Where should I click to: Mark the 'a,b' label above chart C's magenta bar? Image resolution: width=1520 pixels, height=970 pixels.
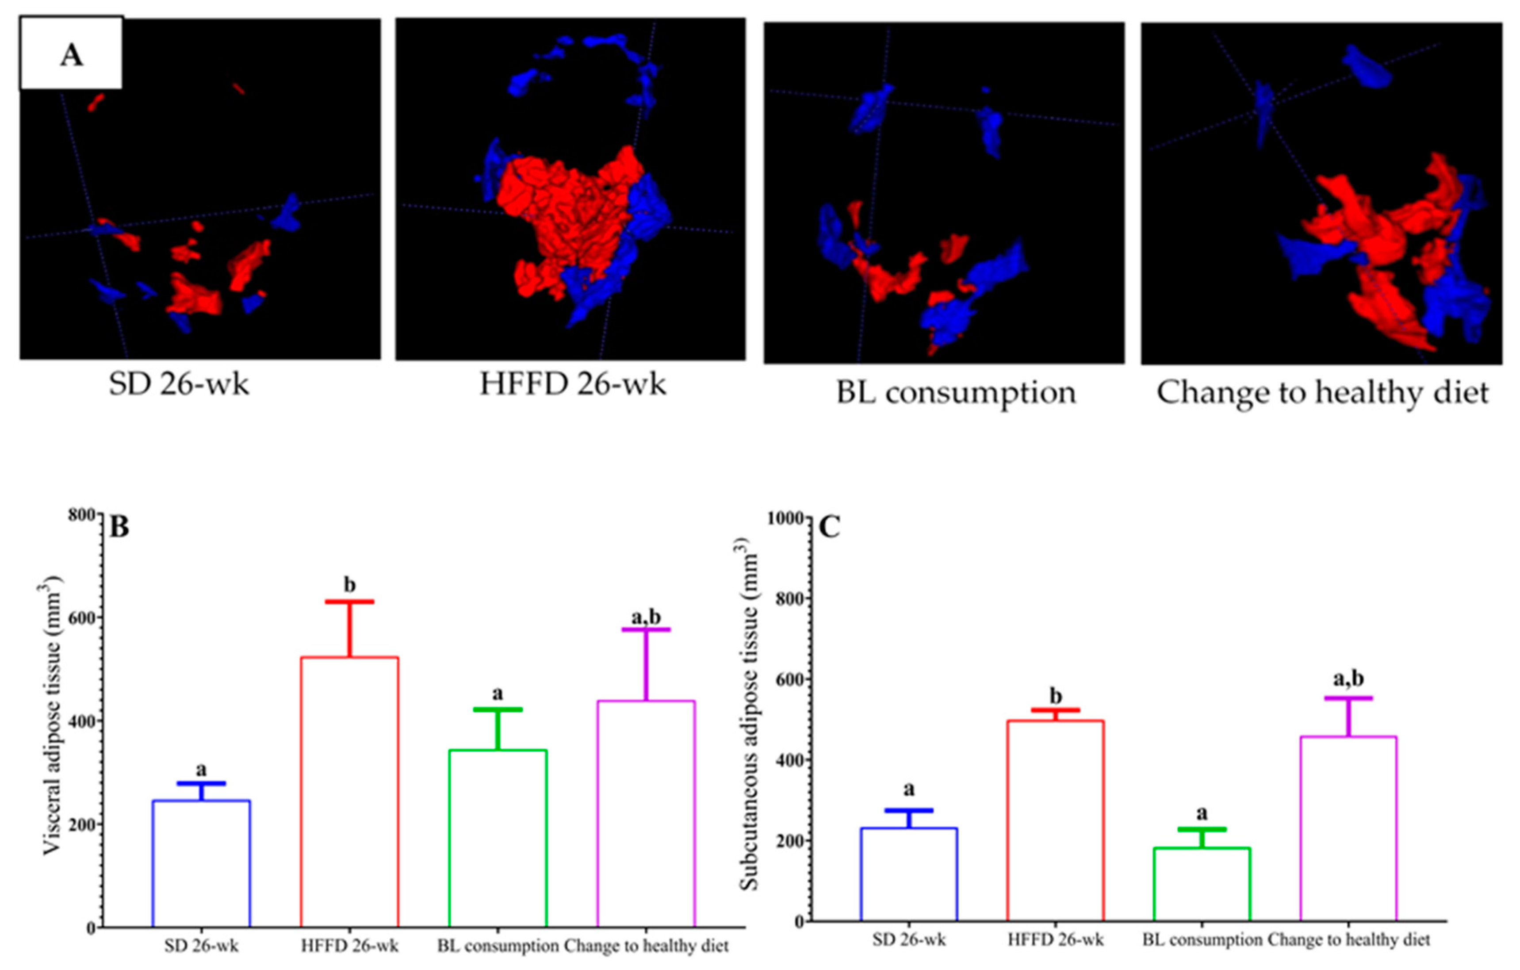tap(1348, 679)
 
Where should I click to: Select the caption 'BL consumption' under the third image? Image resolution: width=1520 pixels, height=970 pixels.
tap(955, 393)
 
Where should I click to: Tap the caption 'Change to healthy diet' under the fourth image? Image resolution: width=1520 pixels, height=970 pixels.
tap(1322, 393)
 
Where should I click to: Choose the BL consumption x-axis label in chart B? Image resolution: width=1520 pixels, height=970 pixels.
tap(498, 946)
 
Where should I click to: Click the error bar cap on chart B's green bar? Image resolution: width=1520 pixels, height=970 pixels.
tap(498, 710)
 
